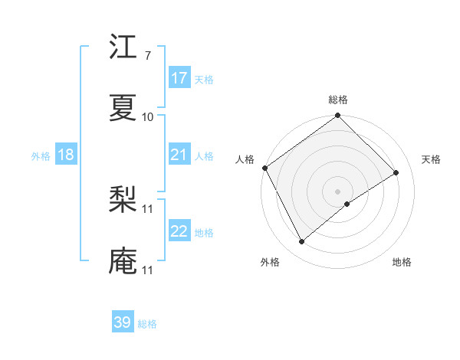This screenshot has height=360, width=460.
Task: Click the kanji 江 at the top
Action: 123,47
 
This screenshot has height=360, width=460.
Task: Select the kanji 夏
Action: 123,108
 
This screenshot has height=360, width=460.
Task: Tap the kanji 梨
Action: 123,201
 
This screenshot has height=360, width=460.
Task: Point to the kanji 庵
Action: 123,261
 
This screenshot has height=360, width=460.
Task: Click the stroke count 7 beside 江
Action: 147,56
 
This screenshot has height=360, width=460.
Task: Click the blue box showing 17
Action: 179,78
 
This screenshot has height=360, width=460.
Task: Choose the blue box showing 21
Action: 179,155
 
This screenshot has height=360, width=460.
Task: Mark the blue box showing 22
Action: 179,231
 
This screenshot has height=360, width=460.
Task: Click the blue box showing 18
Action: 66,155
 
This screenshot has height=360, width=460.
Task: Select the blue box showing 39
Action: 123,322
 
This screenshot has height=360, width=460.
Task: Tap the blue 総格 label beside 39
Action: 147,324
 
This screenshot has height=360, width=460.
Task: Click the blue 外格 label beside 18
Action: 41,155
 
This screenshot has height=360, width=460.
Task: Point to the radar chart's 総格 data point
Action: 337,116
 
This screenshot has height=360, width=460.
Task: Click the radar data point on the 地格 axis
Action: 347,204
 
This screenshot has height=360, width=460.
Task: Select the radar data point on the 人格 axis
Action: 264,168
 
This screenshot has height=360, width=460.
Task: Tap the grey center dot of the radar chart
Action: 337,190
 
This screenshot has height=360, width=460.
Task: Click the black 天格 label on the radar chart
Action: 431,159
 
